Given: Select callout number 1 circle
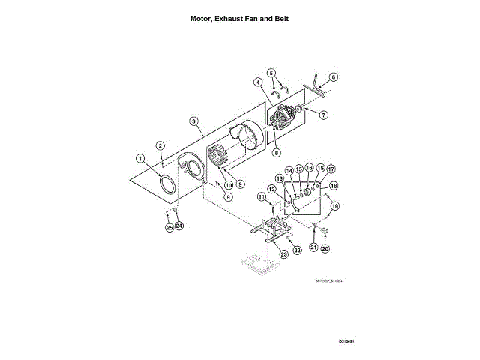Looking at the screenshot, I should coord(140,158).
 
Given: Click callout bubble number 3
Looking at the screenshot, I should coord(193,121).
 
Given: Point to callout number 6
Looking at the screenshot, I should coord(333,76).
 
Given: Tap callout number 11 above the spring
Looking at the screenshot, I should coord(262,197).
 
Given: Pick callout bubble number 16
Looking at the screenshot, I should coord(308,169).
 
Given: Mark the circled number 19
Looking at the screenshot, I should coord(335,205).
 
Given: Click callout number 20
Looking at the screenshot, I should coord(325,247).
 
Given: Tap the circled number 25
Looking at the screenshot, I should coord(169,226).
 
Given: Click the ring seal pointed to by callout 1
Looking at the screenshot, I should coord(170,184).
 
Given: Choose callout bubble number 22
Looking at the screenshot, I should coord(297,250).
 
